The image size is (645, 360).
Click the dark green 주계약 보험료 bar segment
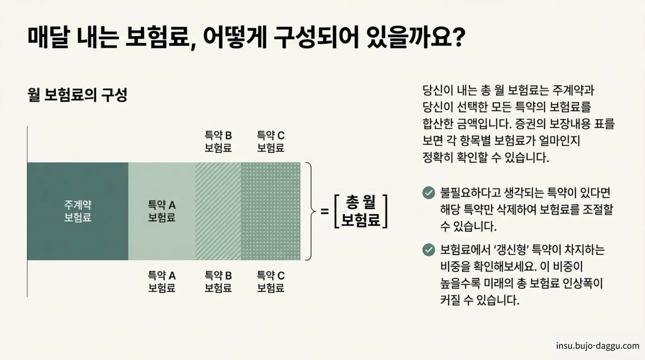point(78,211)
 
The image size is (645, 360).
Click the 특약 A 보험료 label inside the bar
point(161,211)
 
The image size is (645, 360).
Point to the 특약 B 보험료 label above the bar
point(218,141)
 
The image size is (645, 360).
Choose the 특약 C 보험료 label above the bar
point(270,141)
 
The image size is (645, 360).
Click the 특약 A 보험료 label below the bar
point(161,282)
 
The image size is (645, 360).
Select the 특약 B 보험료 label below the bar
point(218,282)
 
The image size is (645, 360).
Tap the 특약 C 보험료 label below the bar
point(270,282)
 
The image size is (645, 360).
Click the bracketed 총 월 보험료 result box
point(361,211)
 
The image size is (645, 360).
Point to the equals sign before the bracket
point(325,211)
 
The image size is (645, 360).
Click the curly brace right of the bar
point(309,211)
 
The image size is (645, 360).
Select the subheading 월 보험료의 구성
point(77,95)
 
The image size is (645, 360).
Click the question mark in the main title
point(458,37)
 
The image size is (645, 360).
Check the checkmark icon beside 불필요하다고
point(428,193)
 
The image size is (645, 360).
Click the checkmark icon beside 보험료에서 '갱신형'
point(428,250)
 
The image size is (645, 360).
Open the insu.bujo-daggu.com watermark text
point(598,346)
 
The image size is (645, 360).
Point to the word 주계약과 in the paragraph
point(573,90)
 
